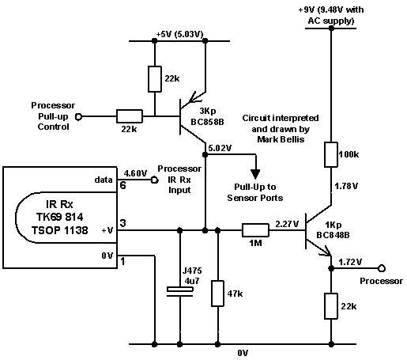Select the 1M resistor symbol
click(254, 231)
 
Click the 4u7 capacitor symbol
click(180, 292)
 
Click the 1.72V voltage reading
click(352, 260)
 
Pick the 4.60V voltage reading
click(136, 172)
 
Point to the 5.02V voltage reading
click(219, 147)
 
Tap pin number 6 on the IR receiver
click(123, 187)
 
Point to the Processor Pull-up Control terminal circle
click(79, 116)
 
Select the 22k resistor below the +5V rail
click(156, 79)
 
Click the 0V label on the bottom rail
click(243, 352)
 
